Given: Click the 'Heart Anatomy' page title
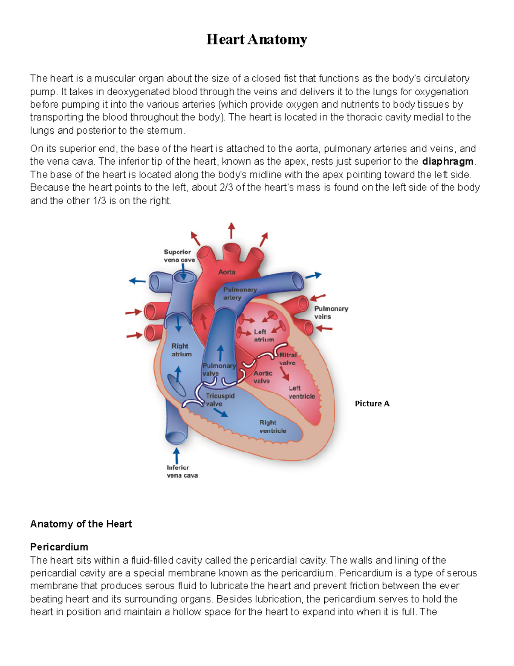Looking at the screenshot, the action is coord(257,39).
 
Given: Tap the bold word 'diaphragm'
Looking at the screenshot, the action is coord(448,162).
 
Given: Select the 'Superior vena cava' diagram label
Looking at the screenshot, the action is coord(179,256).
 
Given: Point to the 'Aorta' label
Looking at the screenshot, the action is coord(227,272).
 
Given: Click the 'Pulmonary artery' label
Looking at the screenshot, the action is coord(239,294).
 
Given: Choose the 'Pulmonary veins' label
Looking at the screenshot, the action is coord(331,313).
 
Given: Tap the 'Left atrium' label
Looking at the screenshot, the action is coord(263,336).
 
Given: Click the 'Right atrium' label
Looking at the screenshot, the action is coord(181,350).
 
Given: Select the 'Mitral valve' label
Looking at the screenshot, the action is coord(287,359).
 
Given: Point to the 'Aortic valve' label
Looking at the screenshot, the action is coord(262,377).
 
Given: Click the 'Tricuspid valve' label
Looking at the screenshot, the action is coord(219,400).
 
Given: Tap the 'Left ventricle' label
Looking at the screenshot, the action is coord(301,392).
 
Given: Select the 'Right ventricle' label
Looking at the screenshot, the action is coord(272,427).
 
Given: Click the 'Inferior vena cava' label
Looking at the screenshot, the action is coord(182,471).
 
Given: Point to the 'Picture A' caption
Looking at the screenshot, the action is coord(372,404).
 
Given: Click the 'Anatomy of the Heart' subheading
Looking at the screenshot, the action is coord(81,524).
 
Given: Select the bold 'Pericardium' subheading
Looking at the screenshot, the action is coord(59,547).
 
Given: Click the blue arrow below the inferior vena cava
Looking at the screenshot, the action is coord(176,455).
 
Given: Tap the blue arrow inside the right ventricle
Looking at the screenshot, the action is coord(221,413).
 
